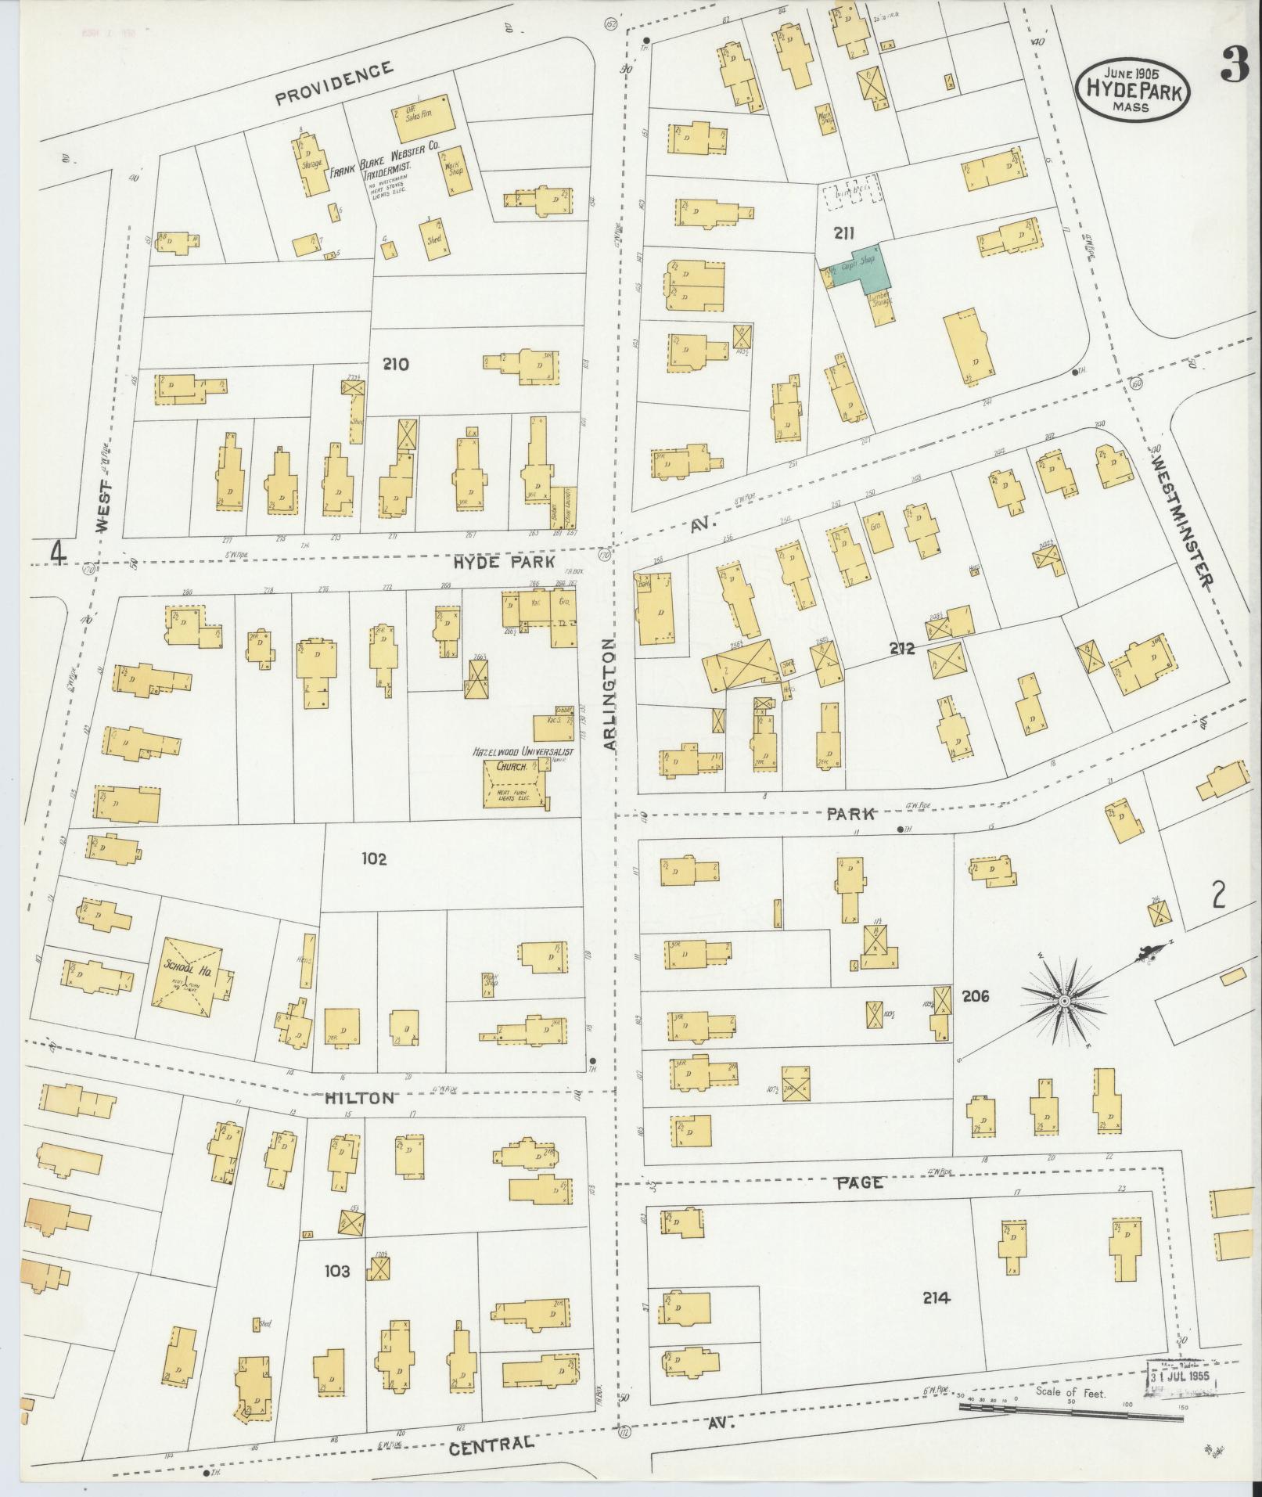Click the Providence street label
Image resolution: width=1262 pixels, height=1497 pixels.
point(334,83)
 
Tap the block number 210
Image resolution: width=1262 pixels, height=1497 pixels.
point(396,364)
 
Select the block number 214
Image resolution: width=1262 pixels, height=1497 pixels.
point(936,1297)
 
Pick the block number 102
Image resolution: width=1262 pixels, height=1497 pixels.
point(374,859)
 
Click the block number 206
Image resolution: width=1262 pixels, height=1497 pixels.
point(976,996)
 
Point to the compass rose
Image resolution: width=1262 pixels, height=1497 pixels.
point(1064,1001)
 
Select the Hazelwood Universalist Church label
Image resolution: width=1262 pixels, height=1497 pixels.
point(523,752)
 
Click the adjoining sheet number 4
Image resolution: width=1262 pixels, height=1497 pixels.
point(56,553)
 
